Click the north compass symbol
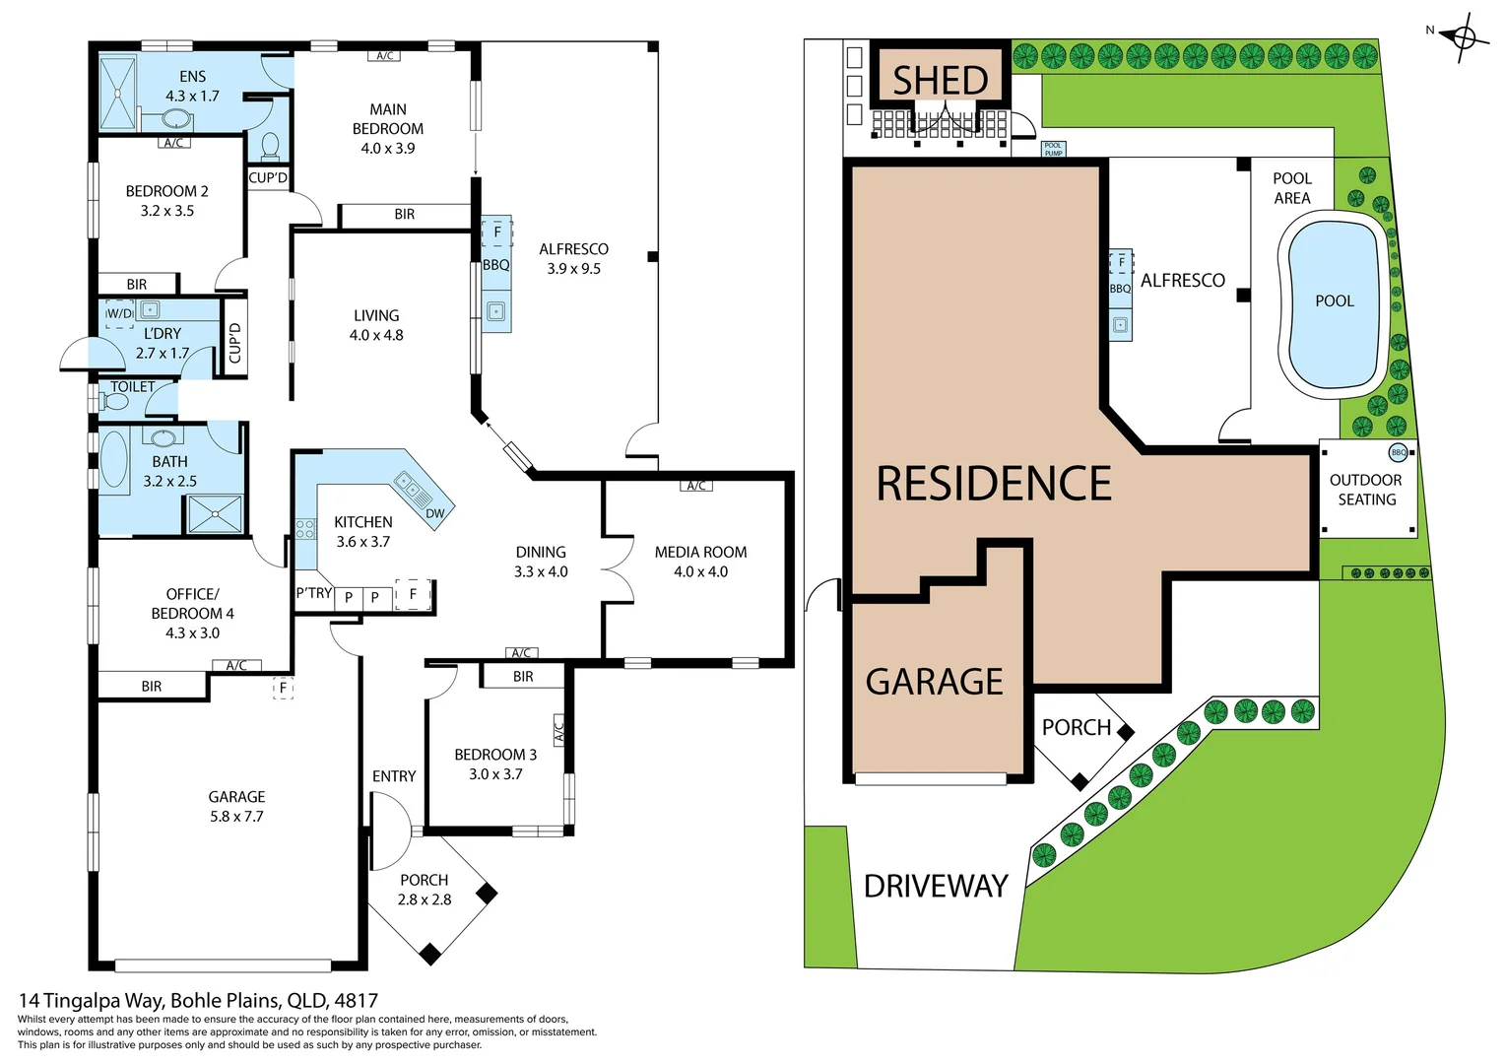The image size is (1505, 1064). coord(1464,38)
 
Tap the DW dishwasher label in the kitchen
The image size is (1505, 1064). coord(435,513)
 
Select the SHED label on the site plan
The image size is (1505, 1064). coord(940,80)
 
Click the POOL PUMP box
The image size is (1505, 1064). coord(1053,150)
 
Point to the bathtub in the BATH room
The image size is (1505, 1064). coord(114,459)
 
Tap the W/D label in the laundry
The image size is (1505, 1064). coord(119,313)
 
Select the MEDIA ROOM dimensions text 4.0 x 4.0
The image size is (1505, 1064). coord(700,571)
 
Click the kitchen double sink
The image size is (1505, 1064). coord(408,485)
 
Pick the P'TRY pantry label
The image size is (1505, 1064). coord(314,593)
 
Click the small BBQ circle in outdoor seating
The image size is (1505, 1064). coord(1398,453)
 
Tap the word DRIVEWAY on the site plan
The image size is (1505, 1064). coord(936,886)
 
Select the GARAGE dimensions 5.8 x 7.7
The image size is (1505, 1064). coord(236,817)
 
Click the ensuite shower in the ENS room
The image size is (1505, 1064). coord(118,93)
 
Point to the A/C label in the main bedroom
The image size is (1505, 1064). coord(385,56)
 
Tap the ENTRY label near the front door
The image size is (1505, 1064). coord(394,776)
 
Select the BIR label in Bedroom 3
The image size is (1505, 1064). coord(523,677)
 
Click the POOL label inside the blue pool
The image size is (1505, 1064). coord(1335,301)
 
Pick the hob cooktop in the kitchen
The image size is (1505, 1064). coord(305,529)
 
